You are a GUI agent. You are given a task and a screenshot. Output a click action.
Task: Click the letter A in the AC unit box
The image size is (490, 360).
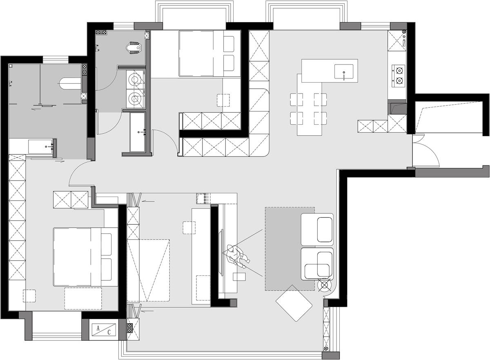[98, 328]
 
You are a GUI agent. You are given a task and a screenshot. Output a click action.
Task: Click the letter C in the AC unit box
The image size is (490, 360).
[109, 333]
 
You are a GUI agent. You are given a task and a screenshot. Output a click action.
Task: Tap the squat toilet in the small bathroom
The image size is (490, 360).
[134, 48]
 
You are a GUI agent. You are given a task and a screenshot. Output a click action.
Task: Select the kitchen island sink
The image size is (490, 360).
[344, 72]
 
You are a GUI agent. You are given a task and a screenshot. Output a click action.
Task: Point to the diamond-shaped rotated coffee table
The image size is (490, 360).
[294, 303]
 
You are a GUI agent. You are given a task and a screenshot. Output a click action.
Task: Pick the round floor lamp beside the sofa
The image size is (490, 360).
[324, 285]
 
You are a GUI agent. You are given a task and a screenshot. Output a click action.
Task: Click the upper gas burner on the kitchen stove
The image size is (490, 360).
[399, 71]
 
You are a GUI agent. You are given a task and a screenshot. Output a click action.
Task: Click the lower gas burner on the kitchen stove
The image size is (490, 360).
[399, 81]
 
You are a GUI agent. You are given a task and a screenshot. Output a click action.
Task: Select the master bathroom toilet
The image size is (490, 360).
[70, 84]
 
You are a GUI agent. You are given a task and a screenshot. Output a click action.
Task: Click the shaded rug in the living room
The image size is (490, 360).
[290, 249]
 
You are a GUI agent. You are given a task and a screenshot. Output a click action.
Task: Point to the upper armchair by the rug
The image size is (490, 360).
[317, 229]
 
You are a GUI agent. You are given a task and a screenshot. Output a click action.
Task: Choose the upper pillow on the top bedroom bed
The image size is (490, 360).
[229, 44]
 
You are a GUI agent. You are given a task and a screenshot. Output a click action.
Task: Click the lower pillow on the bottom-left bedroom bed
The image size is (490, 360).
[106, 269]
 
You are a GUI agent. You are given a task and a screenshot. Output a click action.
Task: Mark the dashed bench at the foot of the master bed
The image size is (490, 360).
[83, 299]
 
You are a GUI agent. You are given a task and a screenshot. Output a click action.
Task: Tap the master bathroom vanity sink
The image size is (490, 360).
[42, 147]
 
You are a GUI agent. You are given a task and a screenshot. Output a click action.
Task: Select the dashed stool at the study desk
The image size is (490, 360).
[189, 228]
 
